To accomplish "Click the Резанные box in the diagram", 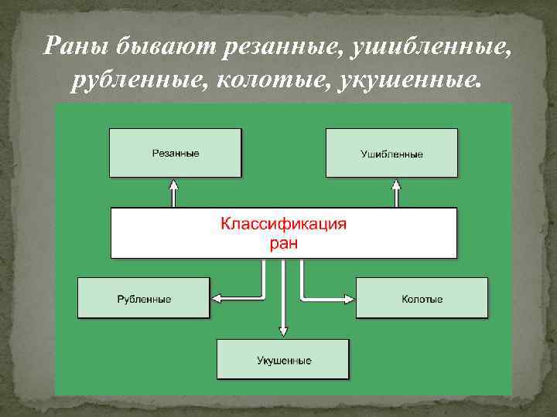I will pos(175,153).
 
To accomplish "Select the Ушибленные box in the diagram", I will pos(391,153).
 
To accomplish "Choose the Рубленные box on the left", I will pos(144,297).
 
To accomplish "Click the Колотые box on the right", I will pos(422,297).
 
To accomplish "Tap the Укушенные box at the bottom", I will pos(283,359).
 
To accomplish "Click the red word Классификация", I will pos(284,225).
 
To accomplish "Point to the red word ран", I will pos(283,243).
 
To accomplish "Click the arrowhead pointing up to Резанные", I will pos(175,185).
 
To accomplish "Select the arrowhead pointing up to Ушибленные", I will pos(397,185).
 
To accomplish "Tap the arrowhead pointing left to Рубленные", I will pos(217,298).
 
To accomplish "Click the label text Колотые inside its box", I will pos(422,298).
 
